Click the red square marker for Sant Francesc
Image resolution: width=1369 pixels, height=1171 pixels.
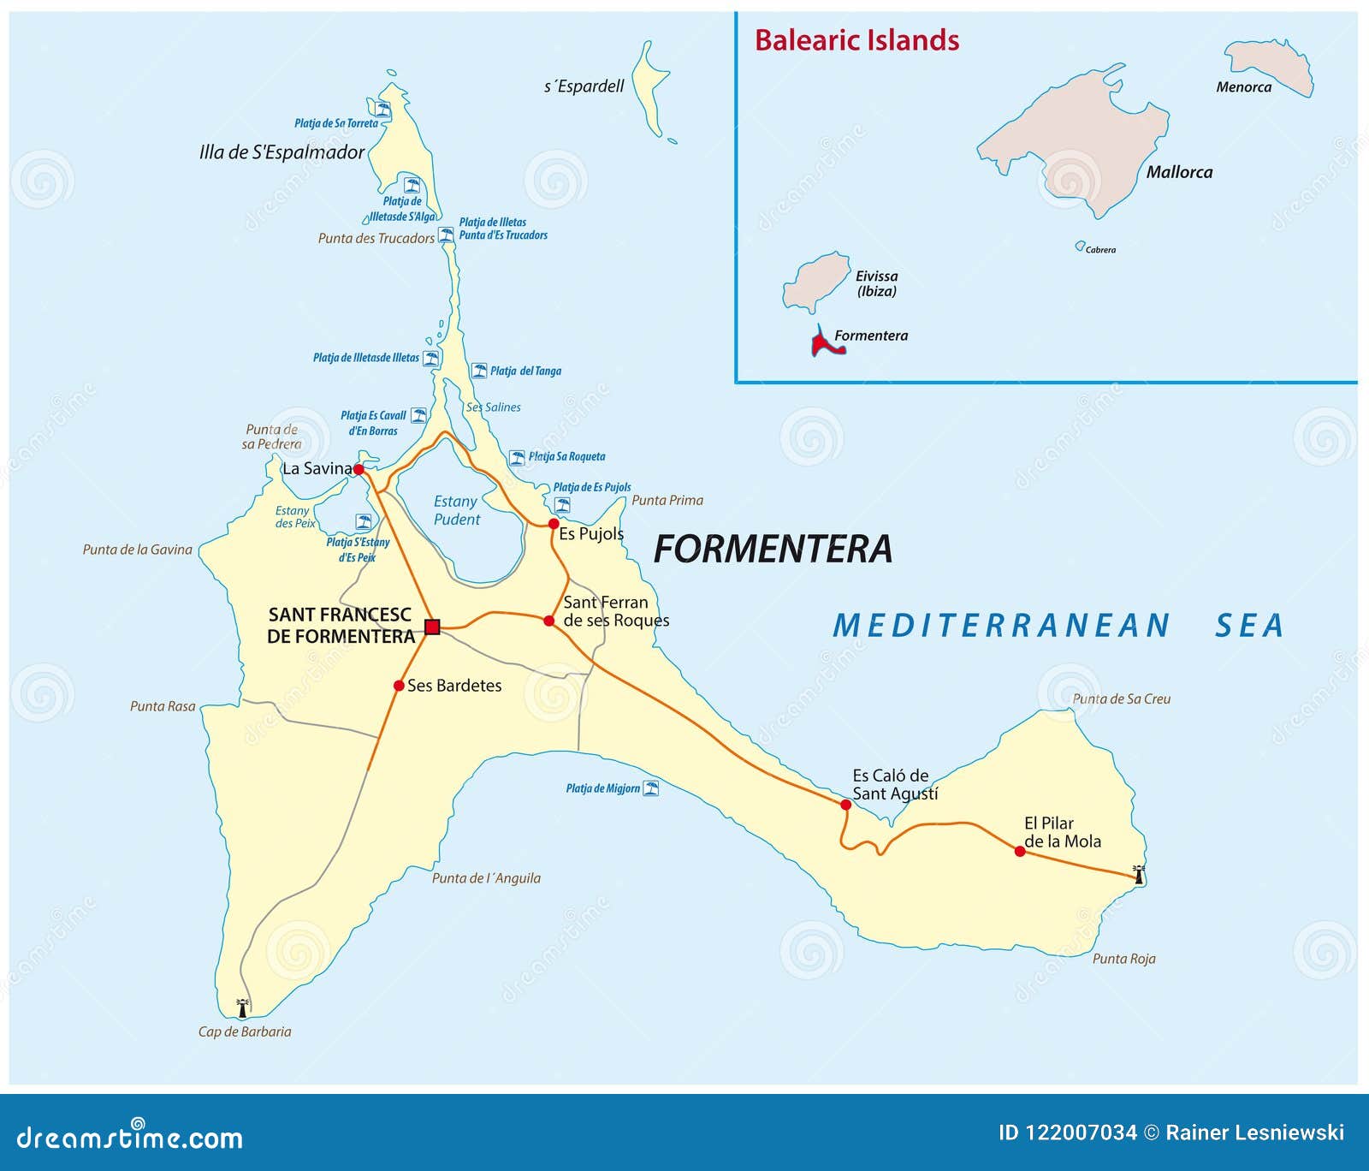[432, 627]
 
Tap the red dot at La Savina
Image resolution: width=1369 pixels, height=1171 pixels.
[359, 469]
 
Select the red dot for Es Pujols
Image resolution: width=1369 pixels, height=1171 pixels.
[554, 523]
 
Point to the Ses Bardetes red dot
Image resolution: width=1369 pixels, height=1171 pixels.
[399, 686]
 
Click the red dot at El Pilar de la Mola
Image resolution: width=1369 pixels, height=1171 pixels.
[1020, 851]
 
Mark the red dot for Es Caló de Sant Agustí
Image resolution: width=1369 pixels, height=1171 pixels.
[845, 805]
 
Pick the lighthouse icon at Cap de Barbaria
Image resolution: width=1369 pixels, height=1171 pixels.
[243, 1008]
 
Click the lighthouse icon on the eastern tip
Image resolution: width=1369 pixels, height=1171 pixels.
[1139, 874]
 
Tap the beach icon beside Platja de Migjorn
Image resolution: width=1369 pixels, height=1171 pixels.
[651, 788]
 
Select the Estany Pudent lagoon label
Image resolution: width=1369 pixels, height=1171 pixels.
[456, 510]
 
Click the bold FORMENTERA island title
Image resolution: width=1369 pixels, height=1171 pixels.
[773, 550]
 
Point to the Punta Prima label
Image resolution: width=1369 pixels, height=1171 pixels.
[667, 501]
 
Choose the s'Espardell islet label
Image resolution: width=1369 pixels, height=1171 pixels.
[584, 86]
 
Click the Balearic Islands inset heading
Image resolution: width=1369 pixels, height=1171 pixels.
[856, 40]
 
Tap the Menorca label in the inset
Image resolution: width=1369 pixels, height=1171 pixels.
[1243, 87]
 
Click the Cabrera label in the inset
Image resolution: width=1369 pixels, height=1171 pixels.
[1100, 250]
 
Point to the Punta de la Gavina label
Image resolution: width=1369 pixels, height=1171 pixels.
[137, 550]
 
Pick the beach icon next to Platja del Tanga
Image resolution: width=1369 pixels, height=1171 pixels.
[479, 371]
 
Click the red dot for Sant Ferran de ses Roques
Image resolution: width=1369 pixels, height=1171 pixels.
[549, 621]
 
